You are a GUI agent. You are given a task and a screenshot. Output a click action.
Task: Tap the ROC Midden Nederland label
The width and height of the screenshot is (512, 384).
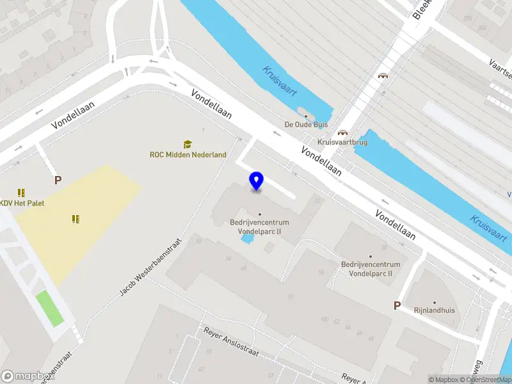coord(188,155)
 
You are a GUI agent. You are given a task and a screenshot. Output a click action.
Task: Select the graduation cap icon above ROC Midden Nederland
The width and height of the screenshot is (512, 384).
coord(188,144)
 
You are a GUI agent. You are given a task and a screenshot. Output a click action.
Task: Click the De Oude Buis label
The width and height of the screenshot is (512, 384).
coord(305,125)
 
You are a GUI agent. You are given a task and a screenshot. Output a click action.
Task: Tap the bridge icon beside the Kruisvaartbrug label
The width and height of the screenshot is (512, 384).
coord(342,132)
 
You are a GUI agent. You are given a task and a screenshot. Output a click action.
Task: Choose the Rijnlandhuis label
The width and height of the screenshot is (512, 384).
coord(434,310)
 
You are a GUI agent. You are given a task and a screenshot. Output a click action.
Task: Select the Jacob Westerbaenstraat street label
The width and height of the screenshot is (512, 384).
coord(151,267)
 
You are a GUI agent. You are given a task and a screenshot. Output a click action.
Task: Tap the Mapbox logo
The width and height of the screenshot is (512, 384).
coord(26,376)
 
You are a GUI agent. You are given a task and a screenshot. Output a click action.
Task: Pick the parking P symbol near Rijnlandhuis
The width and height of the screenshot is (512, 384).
coord(397,306)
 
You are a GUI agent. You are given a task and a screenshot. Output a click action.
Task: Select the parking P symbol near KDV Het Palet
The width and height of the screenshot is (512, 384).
coord(58,180)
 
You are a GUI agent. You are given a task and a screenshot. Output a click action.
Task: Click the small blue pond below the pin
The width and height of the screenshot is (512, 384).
coord(246,239)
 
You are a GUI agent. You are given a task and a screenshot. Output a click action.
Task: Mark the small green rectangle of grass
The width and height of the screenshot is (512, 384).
coord(49,308)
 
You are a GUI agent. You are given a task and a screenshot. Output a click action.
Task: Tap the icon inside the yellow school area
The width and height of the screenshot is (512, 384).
coord(76,219)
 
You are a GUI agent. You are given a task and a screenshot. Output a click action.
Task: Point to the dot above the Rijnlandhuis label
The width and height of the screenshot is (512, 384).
coord(434,302)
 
